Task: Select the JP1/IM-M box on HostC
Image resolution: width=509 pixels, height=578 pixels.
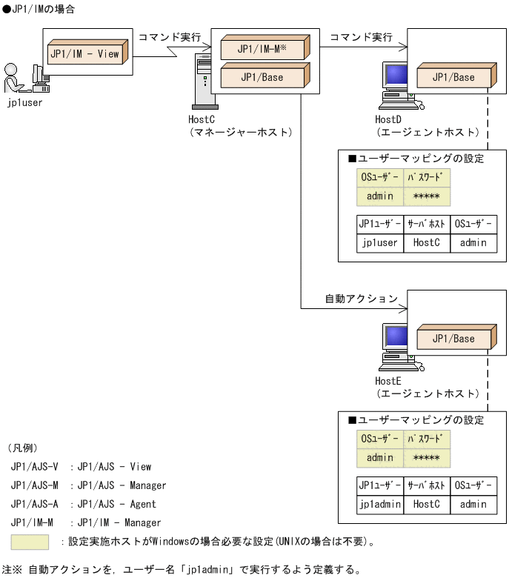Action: pos(262,49)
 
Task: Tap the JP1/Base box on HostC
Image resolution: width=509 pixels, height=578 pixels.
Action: pos(262,77)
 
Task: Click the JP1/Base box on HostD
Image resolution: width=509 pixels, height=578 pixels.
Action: pos(453,77)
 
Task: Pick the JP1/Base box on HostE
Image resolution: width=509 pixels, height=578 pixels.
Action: pos(453,339)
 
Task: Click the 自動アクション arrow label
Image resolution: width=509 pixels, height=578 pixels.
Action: pos(362,299)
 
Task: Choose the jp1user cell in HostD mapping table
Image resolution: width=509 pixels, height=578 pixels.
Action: pos(379,242)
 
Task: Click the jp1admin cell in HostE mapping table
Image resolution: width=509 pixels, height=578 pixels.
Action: pos(379,504)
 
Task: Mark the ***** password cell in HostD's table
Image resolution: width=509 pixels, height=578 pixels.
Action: pos(427,196)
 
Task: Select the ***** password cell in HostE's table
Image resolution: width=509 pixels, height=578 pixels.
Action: pos(427,458)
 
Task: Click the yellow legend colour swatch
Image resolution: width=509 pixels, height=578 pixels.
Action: pos(30,542)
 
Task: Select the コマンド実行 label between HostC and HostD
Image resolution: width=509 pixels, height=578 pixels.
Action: pos(361,36)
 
